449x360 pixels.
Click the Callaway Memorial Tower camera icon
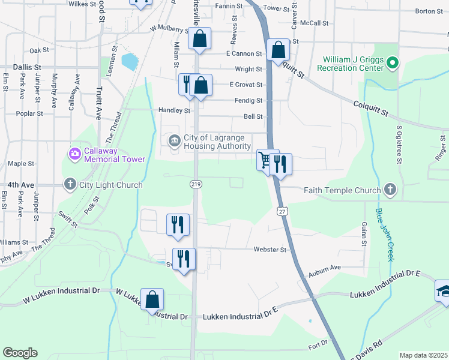pos(74,154)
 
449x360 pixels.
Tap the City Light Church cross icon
pos(70,185)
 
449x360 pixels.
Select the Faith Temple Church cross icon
pos(390,190)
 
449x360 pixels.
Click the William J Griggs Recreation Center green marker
pos(392,62)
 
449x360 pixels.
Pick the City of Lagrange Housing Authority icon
pos(175,141)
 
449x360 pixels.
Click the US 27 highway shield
pos(282,211)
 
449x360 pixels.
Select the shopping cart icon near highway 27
pos(264,160)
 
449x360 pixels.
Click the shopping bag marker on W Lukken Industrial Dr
pos(152,299)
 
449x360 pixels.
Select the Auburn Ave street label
pos(325,268)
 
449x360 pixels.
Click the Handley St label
pos(174,110)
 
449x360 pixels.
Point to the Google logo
pos(20,353)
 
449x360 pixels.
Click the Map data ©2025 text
pos(423,355)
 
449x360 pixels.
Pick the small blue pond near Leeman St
pos(129,61)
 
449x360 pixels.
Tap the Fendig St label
pos(250,100)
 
